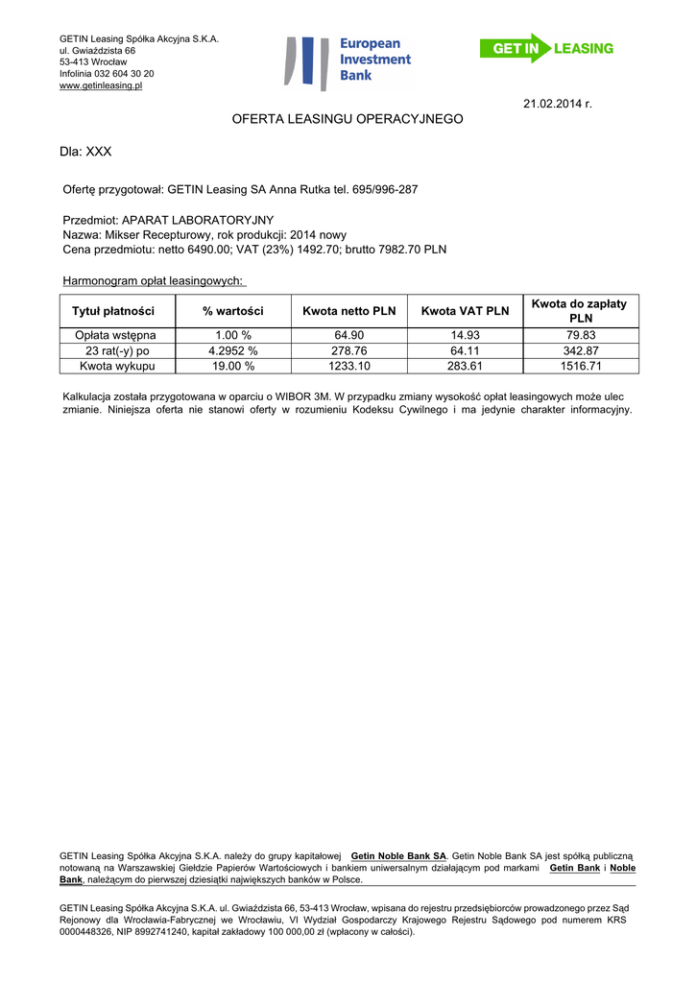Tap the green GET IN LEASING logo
[546, 48]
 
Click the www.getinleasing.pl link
[101, 85]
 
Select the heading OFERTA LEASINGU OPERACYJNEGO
[348, 119]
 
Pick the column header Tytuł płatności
[113, 311]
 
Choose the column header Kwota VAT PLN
[465, 311]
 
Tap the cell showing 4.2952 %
[233, 350]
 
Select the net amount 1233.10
[348, 366]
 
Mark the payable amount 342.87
[580, 350]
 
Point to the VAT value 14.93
[465, 335]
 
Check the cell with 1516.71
[580, 366]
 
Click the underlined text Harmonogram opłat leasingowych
[153, 281]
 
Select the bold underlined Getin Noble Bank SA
[398, 854]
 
